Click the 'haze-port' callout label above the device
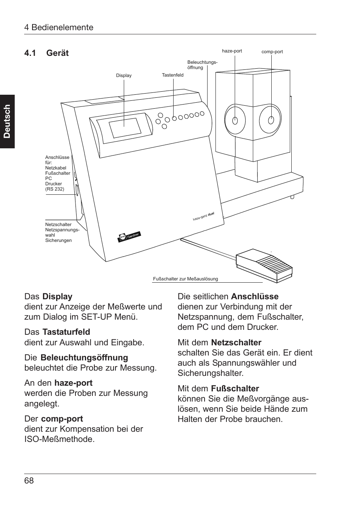pos(232,51)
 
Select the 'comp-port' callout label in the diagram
pos(272,52)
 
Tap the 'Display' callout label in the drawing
pos(124,75)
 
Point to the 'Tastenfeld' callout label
pos(172,75)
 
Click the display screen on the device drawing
pos(126,128)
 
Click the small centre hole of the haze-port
pos(235,121)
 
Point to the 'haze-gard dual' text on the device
pos(203,216)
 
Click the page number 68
pos(29,480)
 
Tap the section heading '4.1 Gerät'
pos(46,53)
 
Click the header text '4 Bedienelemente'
pos(59,27)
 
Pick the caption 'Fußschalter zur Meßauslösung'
pos(185,279)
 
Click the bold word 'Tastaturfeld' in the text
pos(66,332)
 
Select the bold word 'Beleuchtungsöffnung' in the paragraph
pos(84,357)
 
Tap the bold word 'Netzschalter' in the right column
pos(236,342)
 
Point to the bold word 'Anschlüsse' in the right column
pos(255,297)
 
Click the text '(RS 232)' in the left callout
pos(55,189)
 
